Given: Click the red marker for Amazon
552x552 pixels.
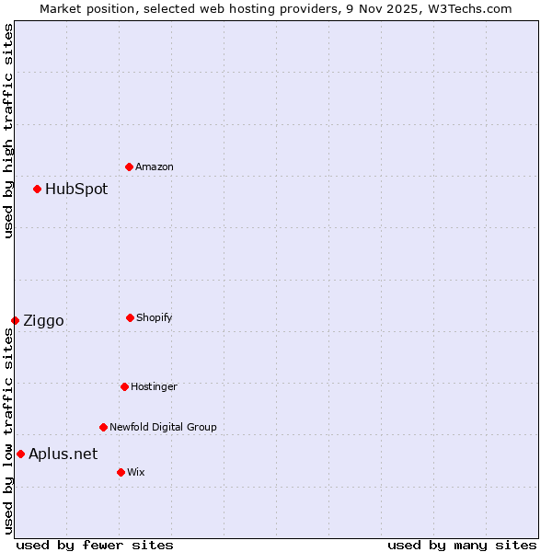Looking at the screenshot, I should (x=129, y=167).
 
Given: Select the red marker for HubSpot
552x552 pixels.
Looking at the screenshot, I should (x=37, y=189).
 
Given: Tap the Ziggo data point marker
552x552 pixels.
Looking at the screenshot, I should (x=15, y=320).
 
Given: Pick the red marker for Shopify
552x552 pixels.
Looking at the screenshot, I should (x=130, y=317).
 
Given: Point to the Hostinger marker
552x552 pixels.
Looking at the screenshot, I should (x=124, y=386).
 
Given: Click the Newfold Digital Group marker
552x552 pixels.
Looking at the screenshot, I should (x=103, y=427).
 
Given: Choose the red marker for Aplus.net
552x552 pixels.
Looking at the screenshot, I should (x=20, y=454).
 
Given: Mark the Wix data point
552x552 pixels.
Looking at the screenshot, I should (x=121, y=472).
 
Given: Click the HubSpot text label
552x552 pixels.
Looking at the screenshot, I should (x=76, y=189).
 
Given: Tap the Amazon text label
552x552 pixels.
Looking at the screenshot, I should (x=155, y=167).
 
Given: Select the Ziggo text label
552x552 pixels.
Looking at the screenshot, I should (x=43, y=320).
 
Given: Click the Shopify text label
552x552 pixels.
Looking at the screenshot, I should (x=155, y=317).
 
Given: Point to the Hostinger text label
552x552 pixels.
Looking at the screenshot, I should (x=154, y=386).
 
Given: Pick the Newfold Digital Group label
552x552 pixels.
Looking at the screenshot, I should (x=163, y=427).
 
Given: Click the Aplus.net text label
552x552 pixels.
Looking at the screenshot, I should (x=63, y=454).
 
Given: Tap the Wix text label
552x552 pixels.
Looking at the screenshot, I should (x=136, y=472).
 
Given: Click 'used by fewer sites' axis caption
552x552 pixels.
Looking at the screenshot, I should (x=95, y=545).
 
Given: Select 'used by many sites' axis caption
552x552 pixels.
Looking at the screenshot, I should (x=462, y=545).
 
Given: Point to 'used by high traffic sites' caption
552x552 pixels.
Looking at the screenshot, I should (x=8, y=131).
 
